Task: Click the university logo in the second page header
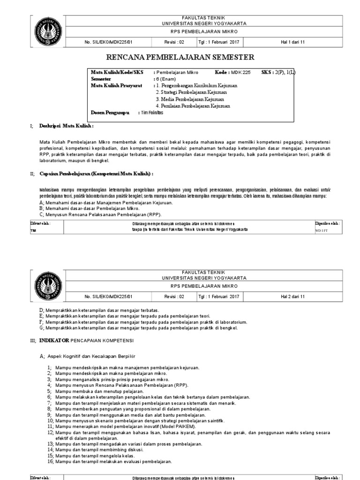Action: click(x=48, y=285)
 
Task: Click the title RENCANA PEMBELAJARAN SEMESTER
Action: click(x=180, y=58)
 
